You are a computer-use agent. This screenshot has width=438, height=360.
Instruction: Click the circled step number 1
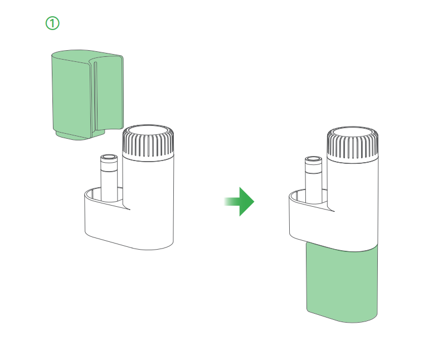[x=52, y=23]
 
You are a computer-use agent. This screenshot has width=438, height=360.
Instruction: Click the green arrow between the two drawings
[x=240, y=201]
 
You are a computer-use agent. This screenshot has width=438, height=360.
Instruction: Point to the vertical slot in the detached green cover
[x=95, y=96]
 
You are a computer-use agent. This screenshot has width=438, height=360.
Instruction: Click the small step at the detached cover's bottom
[x=80, y=135]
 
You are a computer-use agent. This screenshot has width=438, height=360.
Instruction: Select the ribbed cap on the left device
[x=148, y=143]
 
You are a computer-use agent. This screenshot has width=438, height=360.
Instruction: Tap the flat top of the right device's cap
[x=353, y=135]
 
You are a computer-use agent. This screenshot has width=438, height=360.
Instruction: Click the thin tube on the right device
[x=314, y=179]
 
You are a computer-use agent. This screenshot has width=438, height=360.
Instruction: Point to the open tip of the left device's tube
[x=109, y=157]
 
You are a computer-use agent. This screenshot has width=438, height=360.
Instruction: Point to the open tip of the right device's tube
[x=314, y=159]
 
